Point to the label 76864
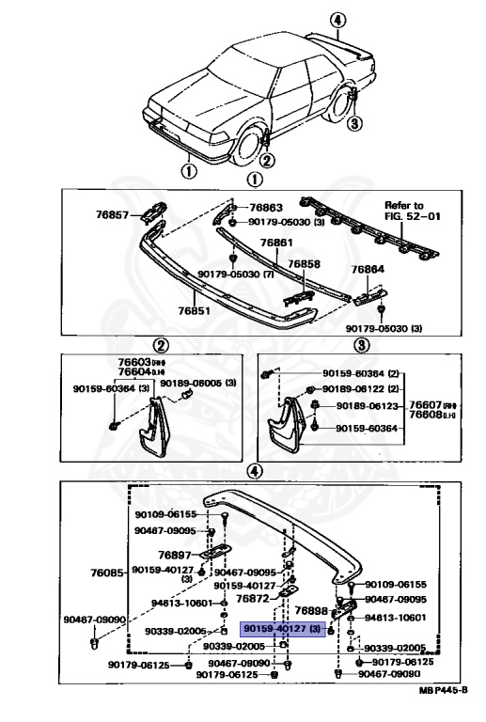coord(368,269)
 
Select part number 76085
coord(107,572)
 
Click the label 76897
coord(173,555)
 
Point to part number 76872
coord(252,598)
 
